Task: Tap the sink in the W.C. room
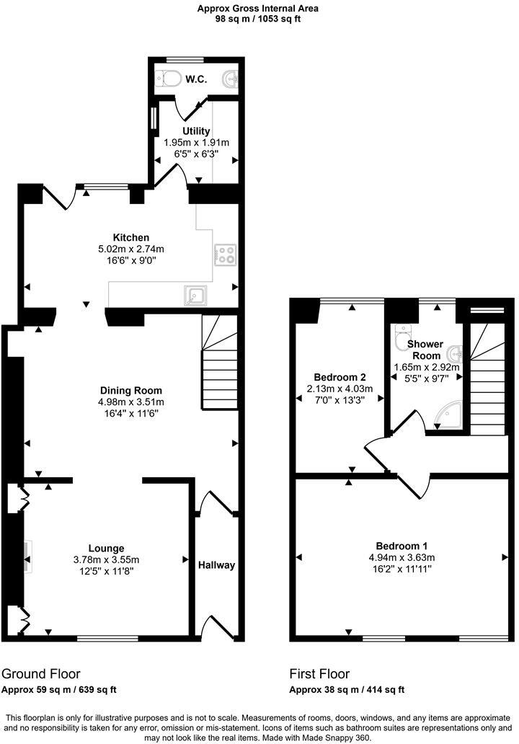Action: pos(229,78)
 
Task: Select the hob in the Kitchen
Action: pos(226,254)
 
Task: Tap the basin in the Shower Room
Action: pos(454,354)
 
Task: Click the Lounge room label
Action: pos(107,548)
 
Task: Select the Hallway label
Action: pos(216,565)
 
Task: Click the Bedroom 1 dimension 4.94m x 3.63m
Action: pos(401,557)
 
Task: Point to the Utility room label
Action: pos(196,131)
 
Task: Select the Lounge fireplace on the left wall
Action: pos(27,557)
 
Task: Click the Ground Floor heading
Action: pos(40,674)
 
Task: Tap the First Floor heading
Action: pos(319,674)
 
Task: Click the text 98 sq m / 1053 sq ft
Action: pos(259,19)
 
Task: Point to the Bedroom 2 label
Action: pos(340,377)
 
